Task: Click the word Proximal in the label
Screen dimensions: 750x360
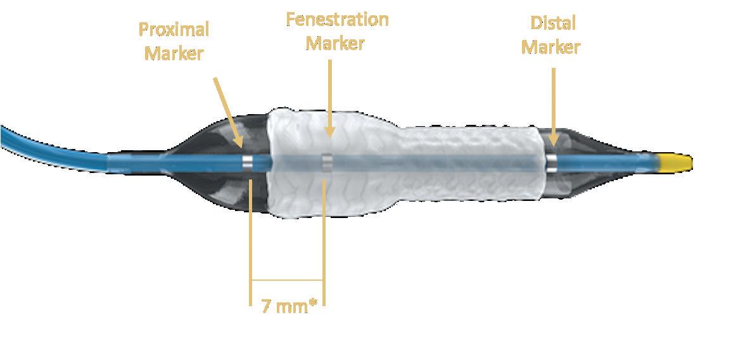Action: (x=174, y=30)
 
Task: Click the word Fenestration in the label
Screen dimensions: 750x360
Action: (x=337, y=20)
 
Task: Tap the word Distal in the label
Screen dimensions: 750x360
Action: (x=553, y=23)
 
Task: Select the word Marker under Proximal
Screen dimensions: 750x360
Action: (x=174, y=53)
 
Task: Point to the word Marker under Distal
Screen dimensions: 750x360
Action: (x=550, y=47)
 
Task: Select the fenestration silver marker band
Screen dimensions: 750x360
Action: (x=327, y=162)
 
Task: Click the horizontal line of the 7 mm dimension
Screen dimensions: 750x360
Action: (x=288, y=280)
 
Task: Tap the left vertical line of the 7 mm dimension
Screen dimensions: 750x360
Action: (x=251, y=241)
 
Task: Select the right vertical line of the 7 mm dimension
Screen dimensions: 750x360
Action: (x=324, y=241)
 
